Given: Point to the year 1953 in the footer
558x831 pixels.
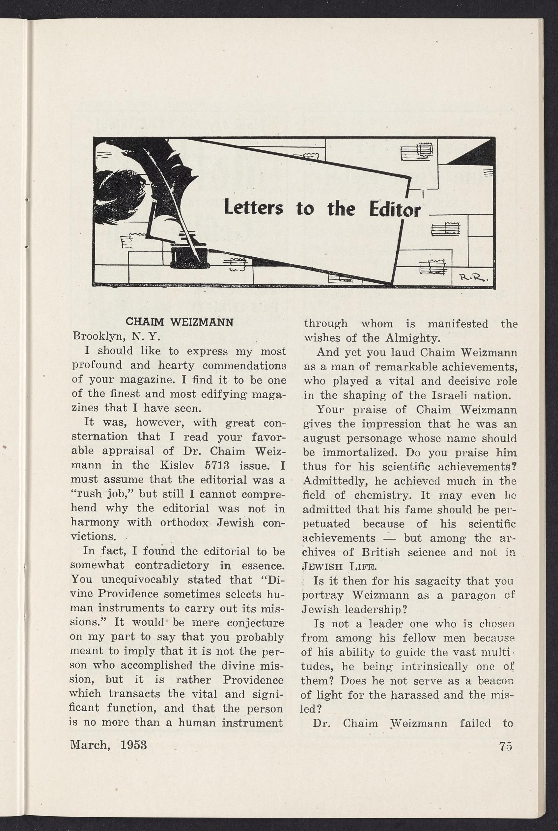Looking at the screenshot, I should click(133, 744).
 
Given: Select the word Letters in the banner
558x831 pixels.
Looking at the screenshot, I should click(253, 209).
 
